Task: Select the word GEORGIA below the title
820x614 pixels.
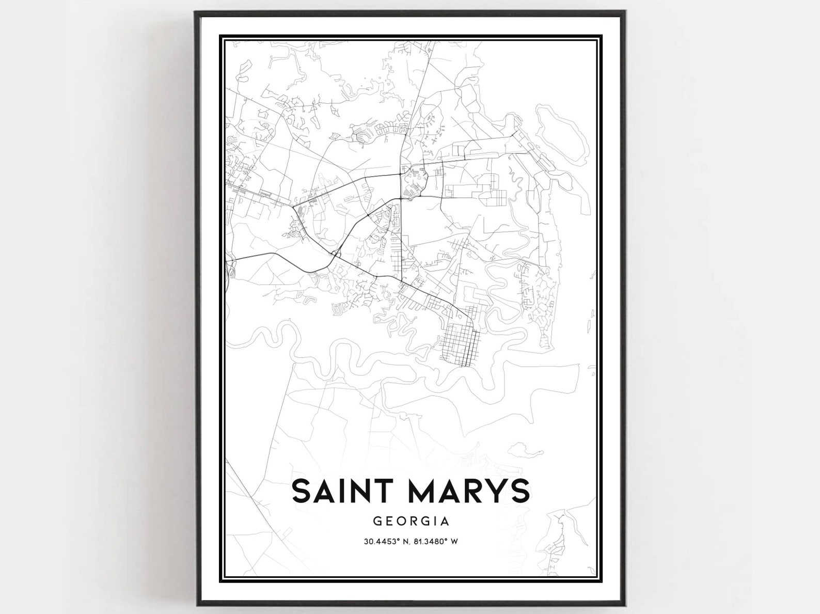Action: (x=411, y=522)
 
